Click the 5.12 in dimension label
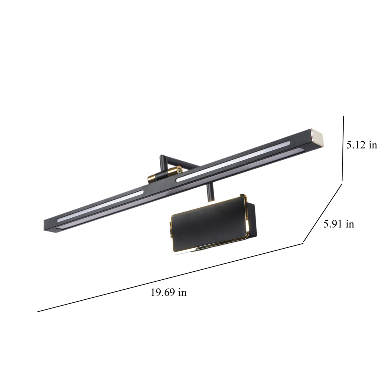(361, 145)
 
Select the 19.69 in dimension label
(168, 292)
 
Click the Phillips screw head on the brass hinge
(179, 170)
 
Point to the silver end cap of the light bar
(318, 137)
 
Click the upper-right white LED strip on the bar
(233, 161)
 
